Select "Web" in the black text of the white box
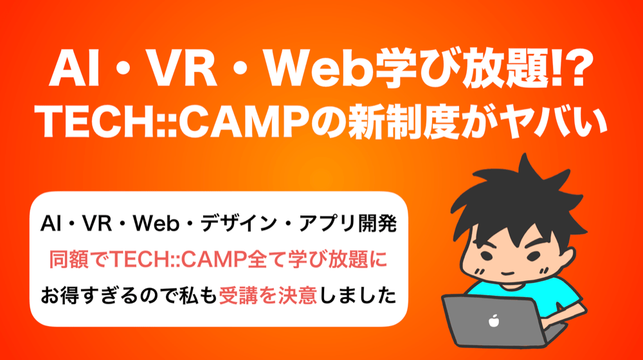pos(156,224)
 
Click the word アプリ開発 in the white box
pos(348,224)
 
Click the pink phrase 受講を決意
pos(267,296)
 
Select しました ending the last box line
pos(357,296)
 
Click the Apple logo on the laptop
pos(494,320)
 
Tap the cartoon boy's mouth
pos(508,273)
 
